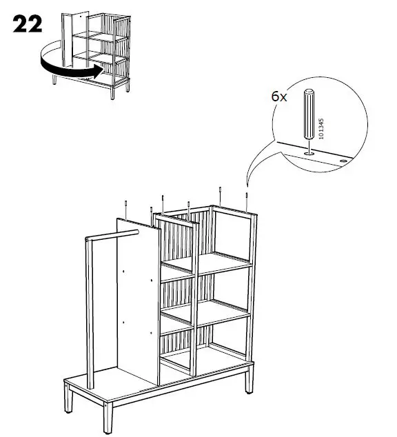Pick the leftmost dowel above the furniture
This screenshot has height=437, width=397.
[x=127, y=207]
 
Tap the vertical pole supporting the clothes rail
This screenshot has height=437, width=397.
[x=88, y=310]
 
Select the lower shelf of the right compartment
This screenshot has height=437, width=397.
[x=224, y=312]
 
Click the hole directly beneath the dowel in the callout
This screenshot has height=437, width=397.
[x=309, y=152]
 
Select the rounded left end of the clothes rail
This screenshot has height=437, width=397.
[x=85, y=239]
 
